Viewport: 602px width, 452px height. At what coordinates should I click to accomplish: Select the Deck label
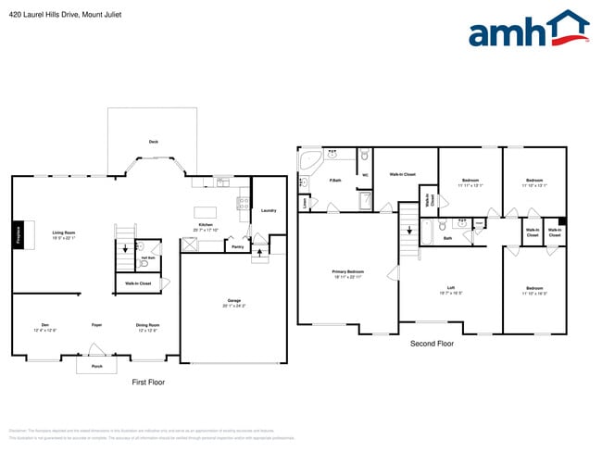tap(154, 142)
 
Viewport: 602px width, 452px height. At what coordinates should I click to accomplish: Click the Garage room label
tap(234, 300)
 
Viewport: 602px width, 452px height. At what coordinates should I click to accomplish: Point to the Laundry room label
tap(269, 210)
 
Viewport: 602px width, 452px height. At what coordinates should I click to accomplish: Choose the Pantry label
tap(237, 246)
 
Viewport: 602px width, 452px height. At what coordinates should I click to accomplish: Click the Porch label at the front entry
tap(96, 366)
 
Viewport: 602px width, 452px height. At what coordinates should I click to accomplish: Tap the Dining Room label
tap(148, 325)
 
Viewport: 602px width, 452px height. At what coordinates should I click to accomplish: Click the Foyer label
tap(96, 325)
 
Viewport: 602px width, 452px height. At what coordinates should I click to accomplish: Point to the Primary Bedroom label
tap(346, 272)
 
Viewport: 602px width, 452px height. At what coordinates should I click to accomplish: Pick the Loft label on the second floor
tap(450, 288)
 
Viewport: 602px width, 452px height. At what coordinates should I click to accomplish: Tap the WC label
tap(365, 175)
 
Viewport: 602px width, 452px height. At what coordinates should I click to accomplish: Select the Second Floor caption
tap(432, 344)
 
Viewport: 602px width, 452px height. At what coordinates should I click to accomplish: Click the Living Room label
tap(63, 232)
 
